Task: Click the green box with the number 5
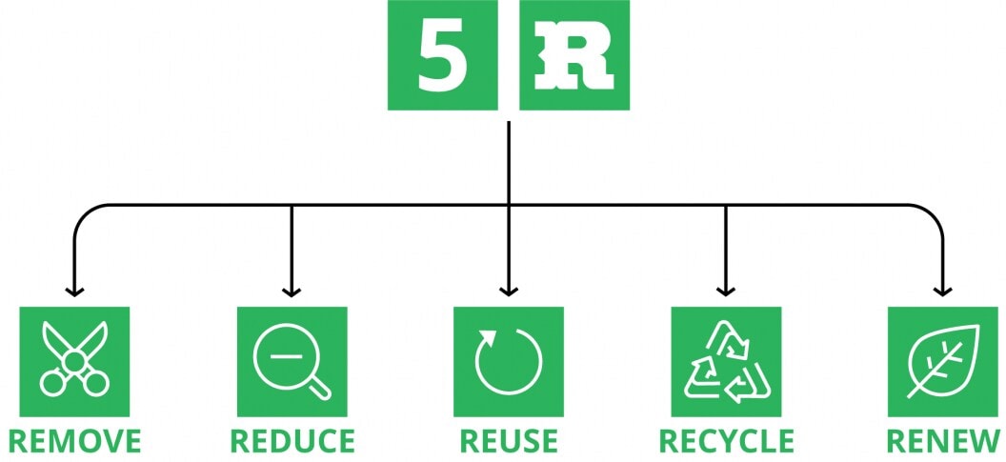(x=443, y=55)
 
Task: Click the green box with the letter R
(x=573, y=55)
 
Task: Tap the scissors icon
(x=74, y=361)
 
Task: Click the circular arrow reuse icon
(x=509, y=361)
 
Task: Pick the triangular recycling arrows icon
(x=726, y=361)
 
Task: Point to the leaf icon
(x=943, y=361)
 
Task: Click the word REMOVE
(x=74, y=442)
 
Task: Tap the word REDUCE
(x=292, y=442)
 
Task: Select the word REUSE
(x=509, y=442)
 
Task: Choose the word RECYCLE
(x=726, y=442)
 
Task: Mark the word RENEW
(x=943, y=442)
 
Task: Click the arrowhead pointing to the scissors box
(x=74, y=291)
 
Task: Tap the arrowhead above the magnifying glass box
(x=292, y=291)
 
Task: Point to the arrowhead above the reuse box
(x=509, y=291)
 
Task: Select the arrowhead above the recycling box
(x=726, y=291)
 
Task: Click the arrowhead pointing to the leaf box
(x=943, y=291)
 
